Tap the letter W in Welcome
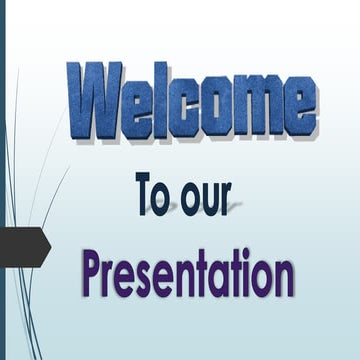coord(95,101)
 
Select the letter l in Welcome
coord(161,99)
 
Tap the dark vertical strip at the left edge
coord(2,180)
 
